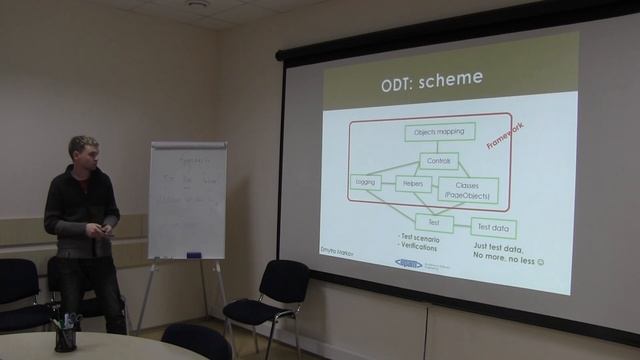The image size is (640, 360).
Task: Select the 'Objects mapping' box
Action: tap(439, 132)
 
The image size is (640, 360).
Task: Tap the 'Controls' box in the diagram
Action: tap(436, 160)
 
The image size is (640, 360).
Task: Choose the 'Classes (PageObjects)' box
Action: tap(469, 190)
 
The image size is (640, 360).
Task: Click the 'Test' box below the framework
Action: tap(434, 221)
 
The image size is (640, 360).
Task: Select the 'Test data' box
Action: tap(492, 228)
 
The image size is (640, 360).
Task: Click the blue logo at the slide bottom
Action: tap(411, 265)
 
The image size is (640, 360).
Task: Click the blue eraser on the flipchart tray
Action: tap(194, 255)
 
